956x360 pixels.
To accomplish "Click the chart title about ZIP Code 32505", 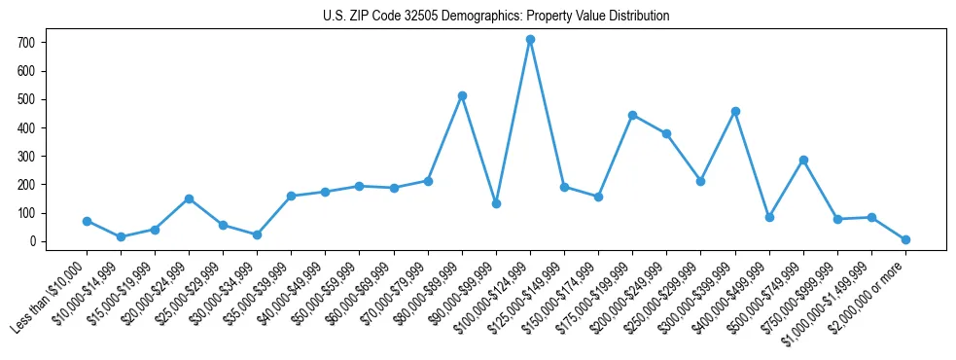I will pyautogui.click(x=496, y=17).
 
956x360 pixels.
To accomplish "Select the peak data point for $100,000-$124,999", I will pyautogui.click(x=530, y=40).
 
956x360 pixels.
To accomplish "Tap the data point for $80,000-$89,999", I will pyautogui.click(x=462, y=95).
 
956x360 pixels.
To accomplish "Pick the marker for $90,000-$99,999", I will pyautogui.click(x=496, y=203).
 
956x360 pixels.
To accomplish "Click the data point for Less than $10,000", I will pyautogui.click(x=87, y=221).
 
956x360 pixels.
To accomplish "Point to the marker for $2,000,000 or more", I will pyautogui.click(x=905, y=239).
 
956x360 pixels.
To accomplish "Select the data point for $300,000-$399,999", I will pyautogui.click(x=735, y=111).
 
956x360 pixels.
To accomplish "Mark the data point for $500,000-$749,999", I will pyautogui.click(x=803, y=160).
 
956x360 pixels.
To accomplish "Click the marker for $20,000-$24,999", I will pyautogui.click(x=189, y=198).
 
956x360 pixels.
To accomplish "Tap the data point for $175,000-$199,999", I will pyautogui.click(x=633, y=115).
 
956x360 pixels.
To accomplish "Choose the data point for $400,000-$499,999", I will pyautogui.click(x=769, y=217).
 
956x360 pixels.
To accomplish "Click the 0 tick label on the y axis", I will pyautogui.click(x=32, y=241).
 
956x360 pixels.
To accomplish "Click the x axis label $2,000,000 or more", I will pyautogui.click(x=870, y=292).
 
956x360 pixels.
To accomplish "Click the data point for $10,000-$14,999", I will pyautogui.click(x=121, y=236).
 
